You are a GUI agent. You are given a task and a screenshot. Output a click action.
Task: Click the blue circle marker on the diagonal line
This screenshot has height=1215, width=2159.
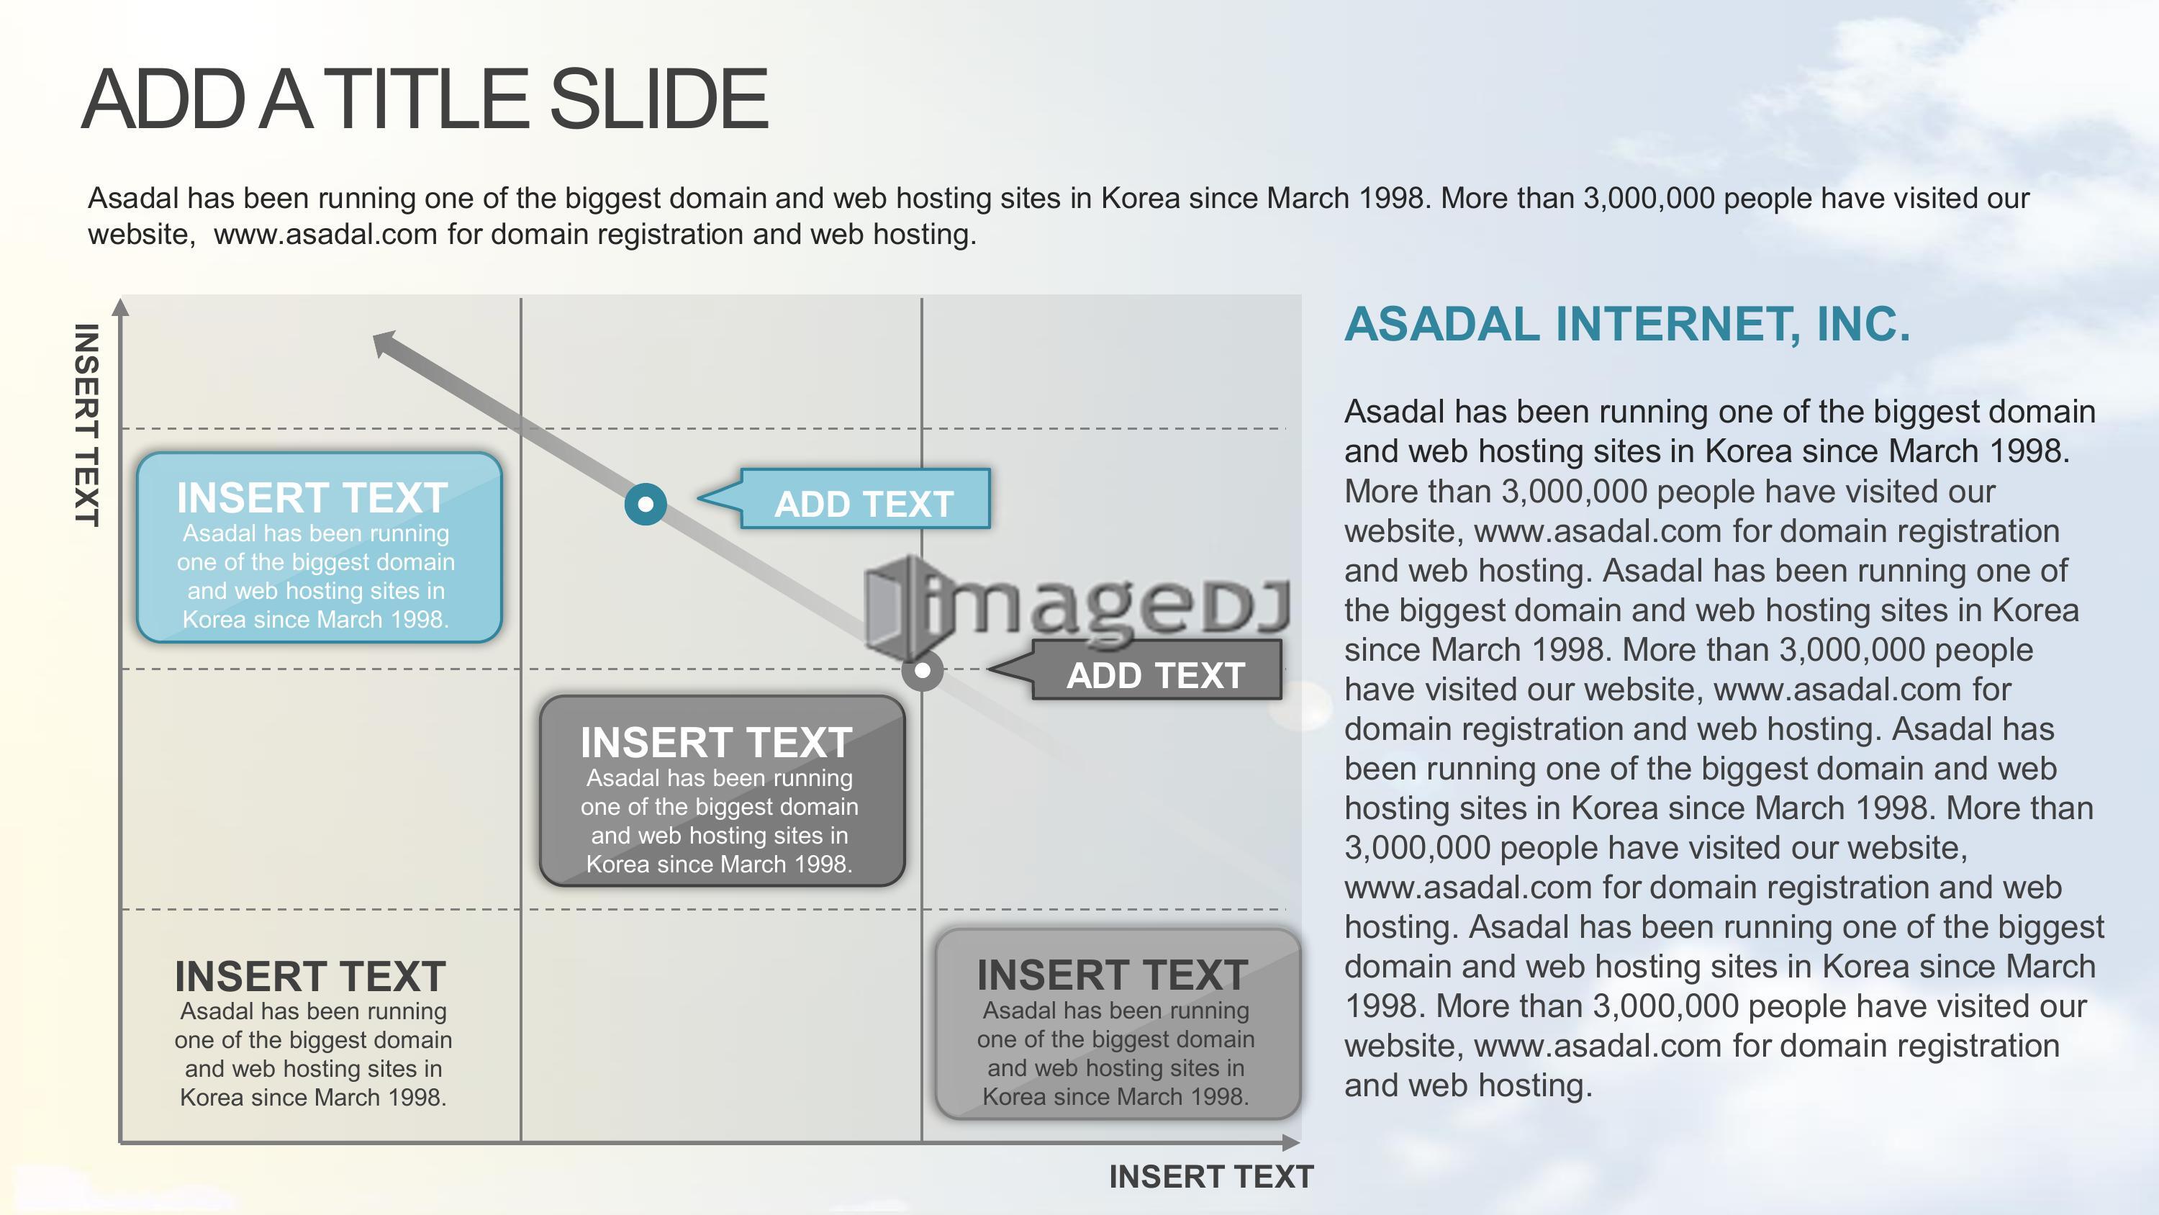(646, 504)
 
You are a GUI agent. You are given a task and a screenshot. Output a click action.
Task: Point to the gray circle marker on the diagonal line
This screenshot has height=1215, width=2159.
(922, 671)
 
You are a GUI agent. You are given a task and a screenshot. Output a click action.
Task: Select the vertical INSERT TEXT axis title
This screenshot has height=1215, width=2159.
(87, 425)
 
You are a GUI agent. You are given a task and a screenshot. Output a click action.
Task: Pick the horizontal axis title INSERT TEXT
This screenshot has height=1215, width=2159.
(1211, 1176)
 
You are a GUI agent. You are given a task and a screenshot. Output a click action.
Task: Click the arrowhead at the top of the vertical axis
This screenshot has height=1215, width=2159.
(121, 307)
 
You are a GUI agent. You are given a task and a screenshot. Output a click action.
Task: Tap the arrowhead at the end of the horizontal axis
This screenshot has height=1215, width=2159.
(1290, 1142)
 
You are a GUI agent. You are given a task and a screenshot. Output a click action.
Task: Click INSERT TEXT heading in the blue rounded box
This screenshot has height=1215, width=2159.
(312, 497)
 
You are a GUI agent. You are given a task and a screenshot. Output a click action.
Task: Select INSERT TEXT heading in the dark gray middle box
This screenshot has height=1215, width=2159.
(717, 742)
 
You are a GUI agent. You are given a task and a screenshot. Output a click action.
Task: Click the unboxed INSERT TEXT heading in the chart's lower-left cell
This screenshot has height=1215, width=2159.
(310, 976)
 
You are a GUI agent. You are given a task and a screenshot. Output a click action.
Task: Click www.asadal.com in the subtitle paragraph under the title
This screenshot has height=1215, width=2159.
(326, 234)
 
